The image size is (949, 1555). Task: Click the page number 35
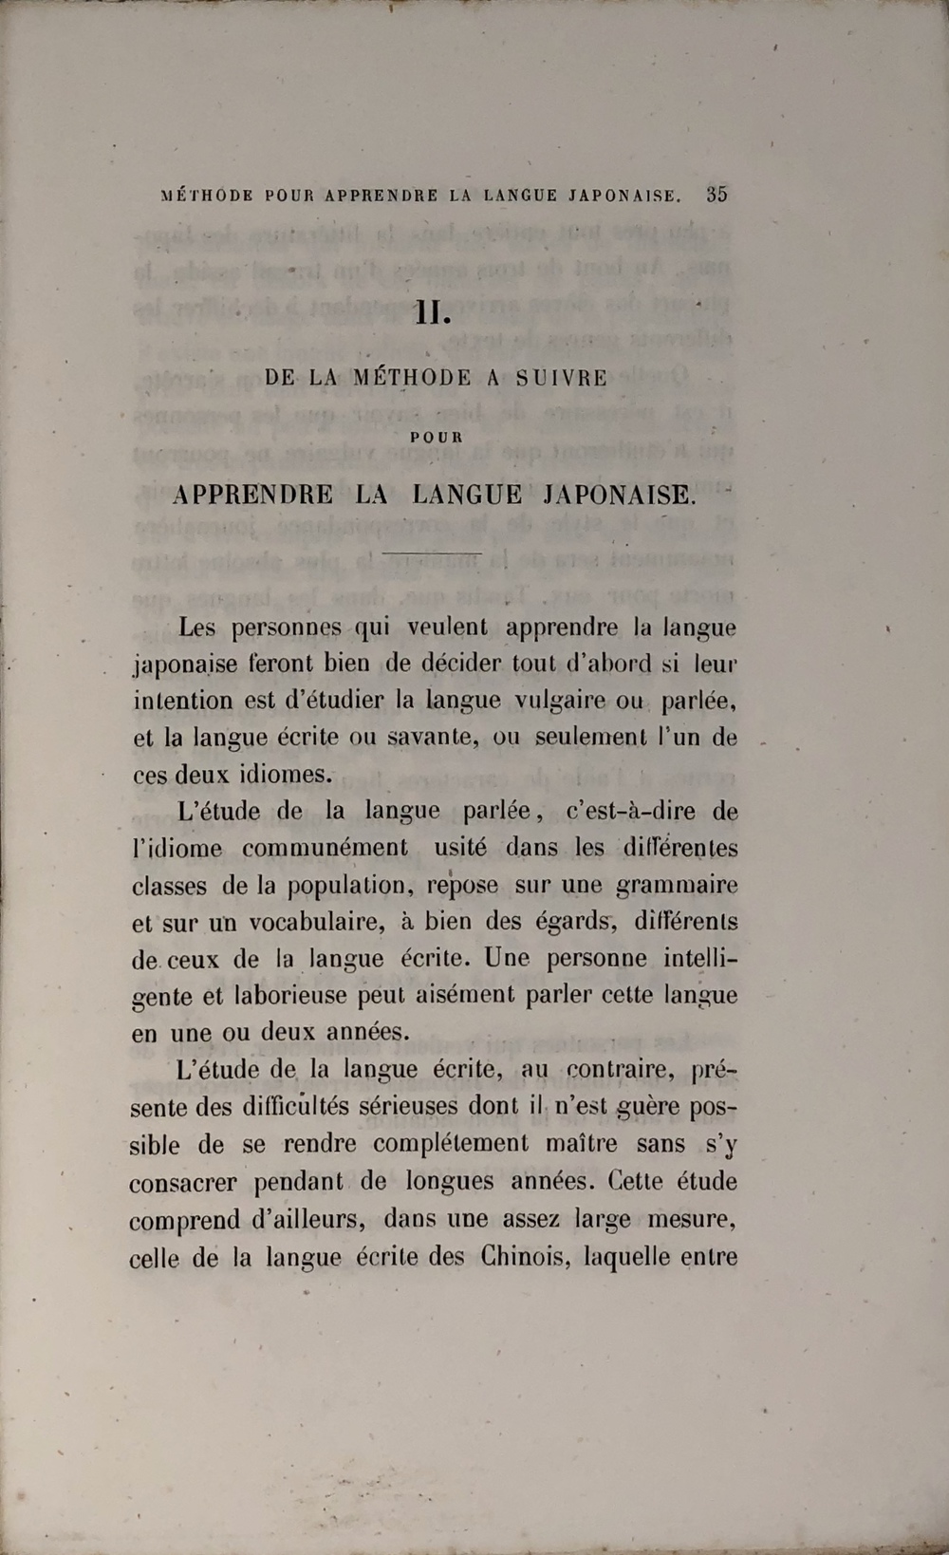(x=716, y=195)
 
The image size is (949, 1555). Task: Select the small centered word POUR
(x=437, y=438)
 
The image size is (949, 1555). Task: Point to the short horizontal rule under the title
(x=432, y=553)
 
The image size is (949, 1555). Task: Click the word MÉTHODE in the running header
(x=208, y=197)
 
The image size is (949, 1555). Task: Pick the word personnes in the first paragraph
(x=287, y=628)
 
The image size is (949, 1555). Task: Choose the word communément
(x=326, y=848)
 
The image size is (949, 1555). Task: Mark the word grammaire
(x=677, y=886)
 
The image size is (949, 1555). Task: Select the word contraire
(x=620, y=1070)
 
